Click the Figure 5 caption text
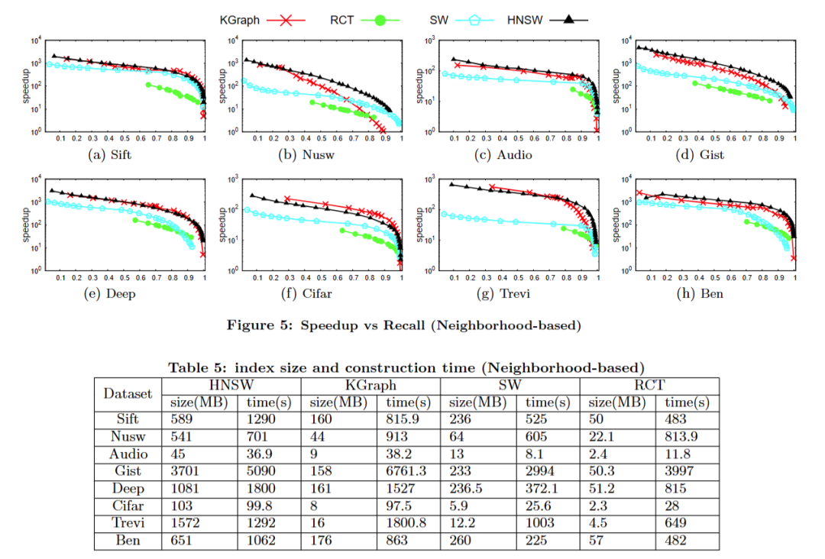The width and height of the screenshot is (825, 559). coord(403,325)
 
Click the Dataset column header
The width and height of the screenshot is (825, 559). coord(128,393)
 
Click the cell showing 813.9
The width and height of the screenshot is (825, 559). coord(682,436)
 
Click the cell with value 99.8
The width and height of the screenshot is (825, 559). coord(257,506)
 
